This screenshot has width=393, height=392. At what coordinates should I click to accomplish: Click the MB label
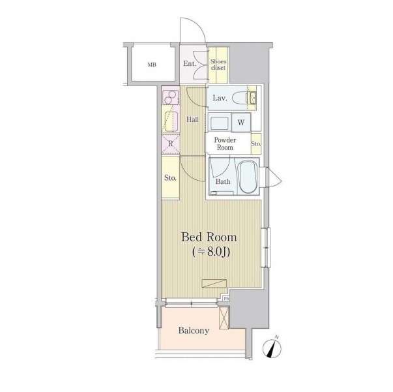152,65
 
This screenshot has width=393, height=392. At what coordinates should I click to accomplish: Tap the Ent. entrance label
190,64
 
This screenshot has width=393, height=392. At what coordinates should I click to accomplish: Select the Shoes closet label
218,65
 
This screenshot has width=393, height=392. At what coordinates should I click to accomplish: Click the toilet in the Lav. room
240,98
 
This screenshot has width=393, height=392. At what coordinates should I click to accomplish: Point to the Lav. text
220,98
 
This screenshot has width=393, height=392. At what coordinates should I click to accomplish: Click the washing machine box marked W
241,123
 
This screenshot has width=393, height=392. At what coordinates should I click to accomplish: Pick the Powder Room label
225,143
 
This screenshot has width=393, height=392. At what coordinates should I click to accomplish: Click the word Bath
223,181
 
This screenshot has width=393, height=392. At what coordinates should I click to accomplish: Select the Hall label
193,119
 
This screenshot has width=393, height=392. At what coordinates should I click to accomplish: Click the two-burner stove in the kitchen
171,98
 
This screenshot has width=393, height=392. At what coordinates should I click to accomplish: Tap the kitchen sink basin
171,121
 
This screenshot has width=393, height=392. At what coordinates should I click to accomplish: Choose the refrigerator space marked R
171,144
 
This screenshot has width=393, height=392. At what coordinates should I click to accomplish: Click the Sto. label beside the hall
171,178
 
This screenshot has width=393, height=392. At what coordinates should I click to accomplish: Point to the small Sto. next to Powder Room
256,143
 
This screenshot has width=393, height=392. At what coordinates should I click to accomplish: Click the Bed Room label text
209,237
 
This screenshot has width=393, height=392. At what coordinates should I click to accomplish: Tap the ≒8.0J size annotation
211,252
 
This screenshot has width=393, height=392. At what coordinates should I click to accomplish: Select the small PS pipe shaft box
226,299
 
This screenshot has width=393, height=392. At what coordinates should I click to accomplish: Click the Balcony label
194,331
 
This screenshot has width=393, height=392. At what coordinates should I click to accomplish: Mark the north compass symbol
272,348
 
